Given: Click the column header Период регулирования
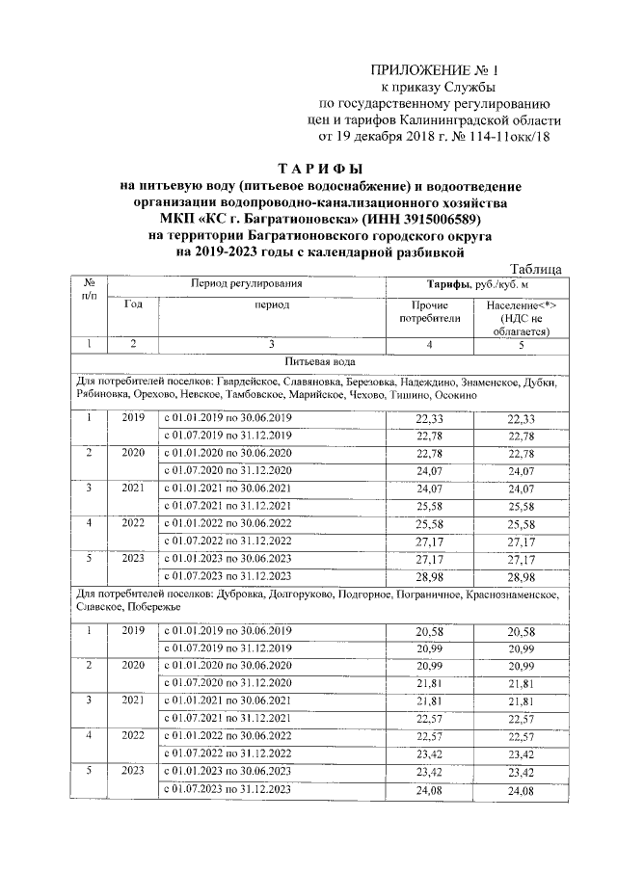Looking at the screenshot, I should [x=248, y=285].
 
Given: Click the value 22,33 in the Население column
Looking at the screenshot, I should [x=523, y=419].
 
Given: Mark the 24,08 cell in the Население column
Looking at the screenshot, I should [x=523, y=791].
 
